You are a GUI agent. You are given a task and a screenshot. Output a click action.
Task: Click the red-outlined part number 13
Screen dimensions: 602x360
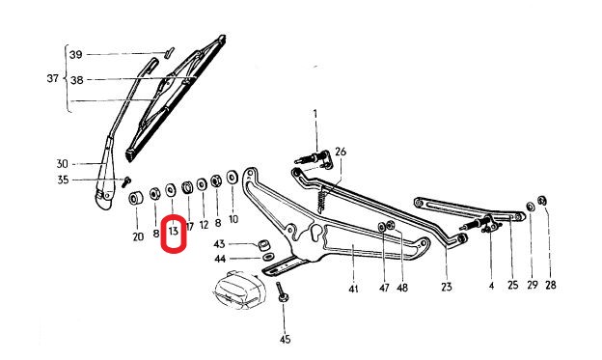(173, 231)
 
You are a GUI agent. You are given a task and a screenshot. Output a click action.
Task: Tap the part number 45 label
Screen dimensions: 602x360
(285, 340)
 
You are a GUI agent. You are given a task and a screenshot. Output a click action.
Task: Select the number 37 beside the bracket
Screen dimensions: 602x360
(53, 78)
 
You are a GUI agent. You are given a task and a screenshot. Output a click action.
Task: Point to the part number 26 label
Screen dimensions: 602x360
(341, 152)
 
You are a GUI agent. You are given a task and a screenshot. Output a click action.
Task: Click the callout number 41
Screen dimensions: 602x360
(353, 289)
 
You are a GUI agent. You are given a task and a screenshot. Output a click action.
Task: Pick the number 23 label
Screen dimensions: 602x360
(446, 287)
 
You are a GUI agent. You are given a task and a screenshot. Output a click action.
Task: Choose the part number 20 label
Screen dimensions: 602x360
(138, 236)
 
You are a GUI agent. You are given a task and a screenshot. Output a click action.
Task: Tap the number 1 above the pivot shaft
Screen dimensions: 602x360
(315, 115)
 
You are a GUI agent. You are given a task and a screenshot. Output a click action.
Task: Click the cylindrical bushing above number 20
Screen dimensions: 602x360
(135, 198)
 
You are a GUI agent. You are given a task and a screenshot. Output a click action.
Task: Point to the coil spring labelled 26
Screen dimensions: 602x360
(323, 200)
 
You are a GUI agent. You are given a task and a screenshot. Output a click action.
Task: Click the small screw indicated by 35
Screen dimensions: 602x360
(126, 182)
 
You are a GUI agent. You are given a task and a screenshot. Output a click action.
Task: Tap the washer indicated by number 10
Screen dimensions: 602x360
(233, 177)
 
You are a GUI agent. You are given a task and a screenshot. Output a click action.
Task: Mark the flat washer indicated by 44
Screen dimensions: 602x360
(267, 256)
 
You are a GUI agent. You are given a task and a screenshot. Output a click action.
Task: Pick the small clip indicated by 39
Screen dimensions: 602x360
(170, 53)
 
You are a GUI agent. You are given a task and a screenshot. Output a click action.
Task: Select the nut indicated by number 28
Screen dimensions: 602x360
(542, 201)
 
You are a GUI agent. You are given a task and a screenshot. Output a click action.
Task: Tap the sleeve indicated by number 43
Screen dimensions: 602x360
(263, 245)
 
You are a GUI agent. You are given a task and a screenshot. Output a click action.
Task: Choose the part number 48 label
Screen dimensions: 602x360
(402, 288)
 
